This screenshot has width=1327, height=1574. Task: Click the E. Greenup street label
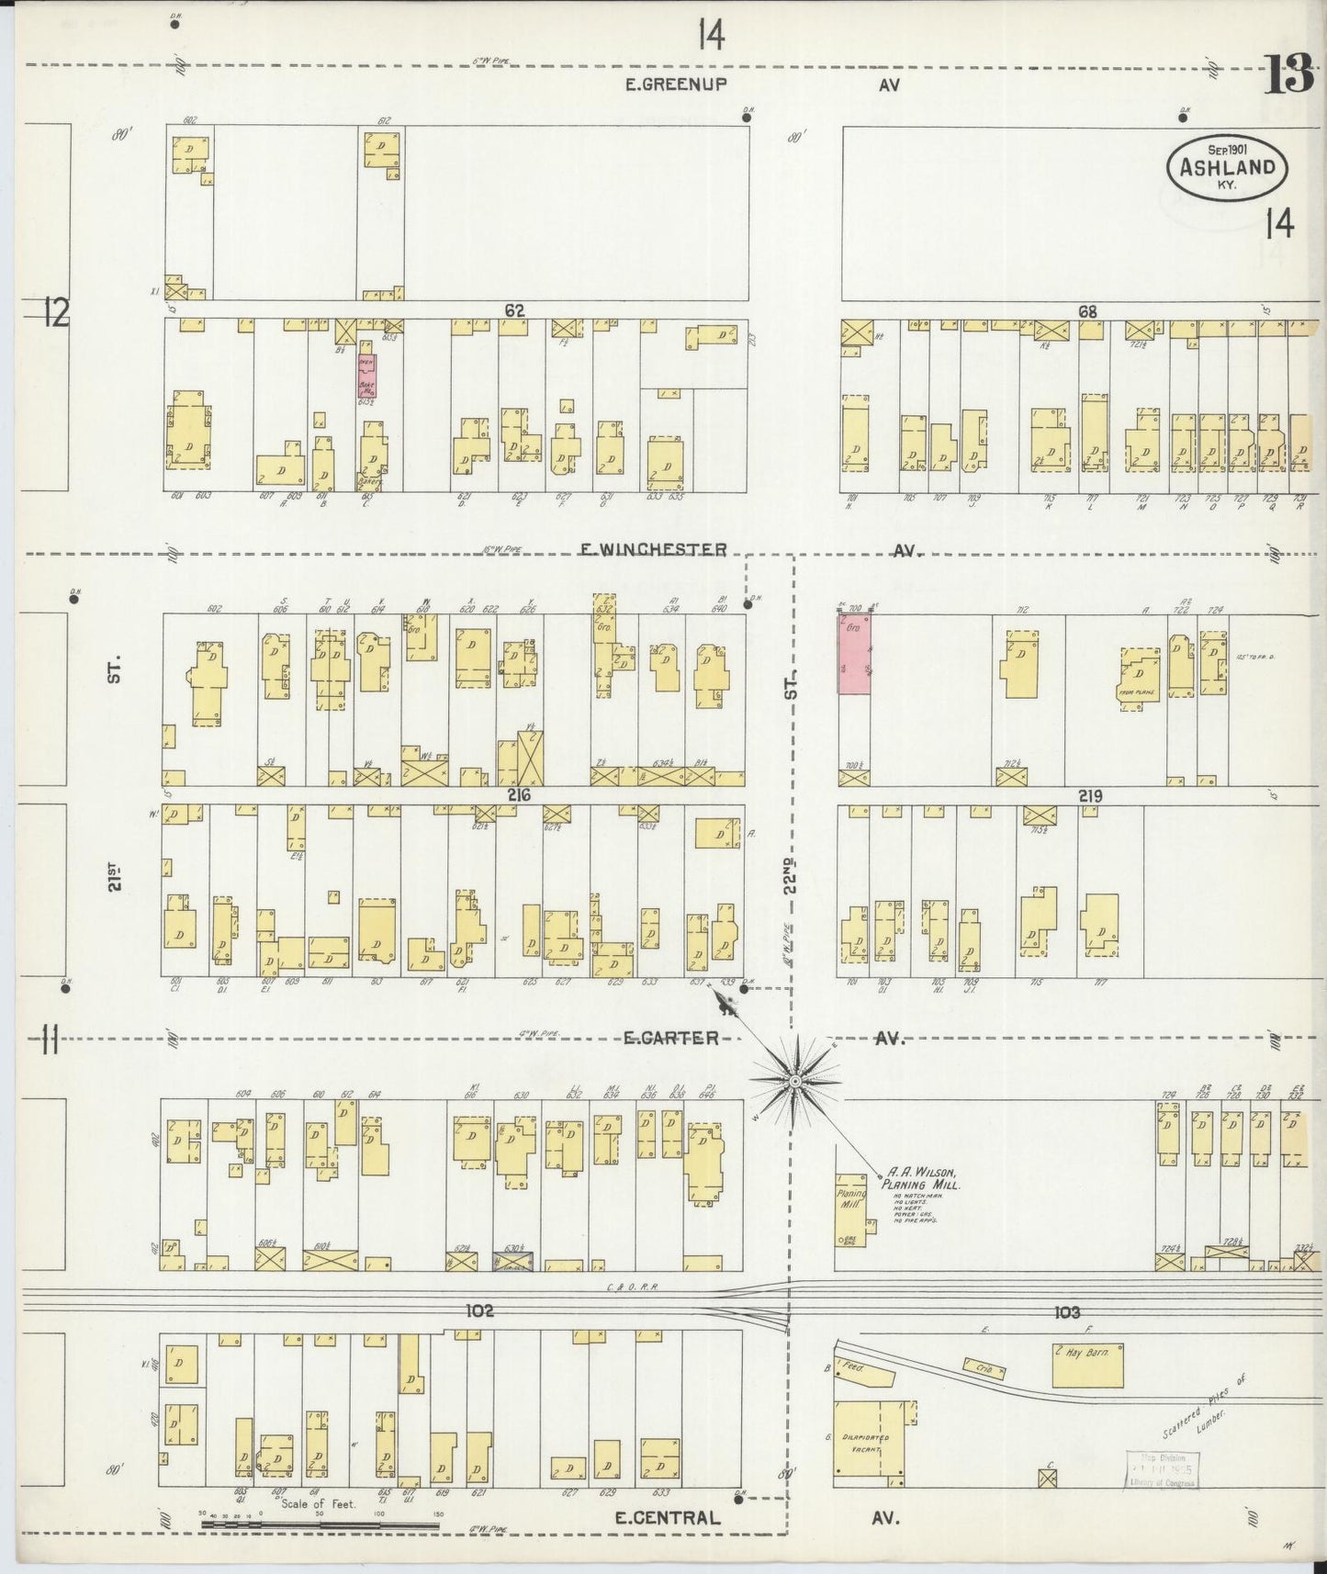point(677,84)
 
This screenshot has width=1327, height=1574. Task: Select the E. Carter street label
point(670,1038)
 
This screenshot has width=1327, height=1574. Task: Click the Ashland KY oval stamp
point(1226,166)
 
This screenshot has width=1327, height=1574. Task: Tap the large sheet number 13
point(1289,75)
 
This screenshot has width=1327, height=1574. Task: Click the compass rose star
point(794,1082)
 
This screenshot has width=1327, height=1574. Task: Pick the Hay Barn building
point(1086,1366)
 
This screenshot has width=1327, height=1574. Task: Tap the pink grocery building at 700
point(854,654)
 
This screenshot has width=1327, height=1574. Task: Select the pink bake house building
point(366,376)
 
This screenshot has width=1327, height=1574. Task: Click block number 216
point(519,795)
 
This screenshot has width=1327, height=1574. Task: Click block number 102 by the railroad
point(479,1311)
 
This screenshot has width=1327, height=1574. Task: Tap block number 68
point(1087,312)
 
